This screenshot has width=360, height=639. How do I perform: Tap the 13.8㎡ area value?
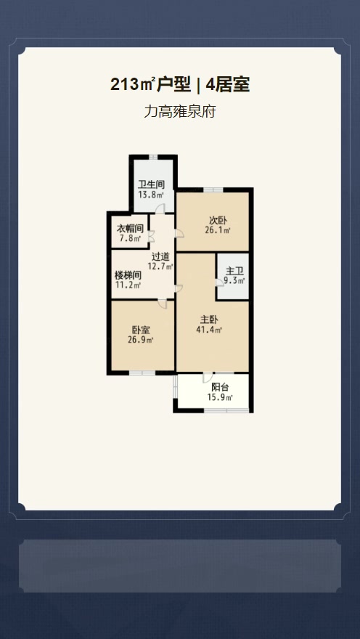151,195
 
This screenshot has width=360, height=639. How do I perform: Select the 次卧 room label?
218,221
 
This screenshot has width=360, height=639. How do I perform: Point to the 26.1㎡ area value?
218,230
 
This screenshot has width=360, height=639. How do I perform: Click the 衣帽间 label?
130,229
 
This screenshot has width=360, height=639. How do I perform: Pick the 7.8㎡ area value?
130,238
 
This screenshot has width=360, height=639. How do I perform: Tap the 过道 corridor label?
160,257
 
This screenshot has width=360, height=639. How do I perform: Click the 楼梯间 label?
128,275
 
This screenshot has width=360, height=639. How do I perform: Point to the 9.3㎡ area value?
234,280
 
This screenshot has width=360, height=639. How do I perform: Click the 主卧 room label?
209,320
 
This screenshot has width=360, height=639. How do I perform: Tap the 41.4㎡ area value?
209,330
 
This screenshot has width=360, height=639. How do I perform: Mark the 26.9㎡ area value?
141,340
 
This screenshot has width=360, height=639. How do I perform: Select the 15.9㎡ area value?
220,398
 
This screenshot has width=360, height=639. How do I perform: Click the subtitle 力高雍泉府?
179,111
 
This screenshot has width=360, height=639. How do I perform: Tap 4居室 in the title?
228,85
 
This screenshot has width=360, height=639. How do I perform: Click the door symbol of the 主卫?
220,282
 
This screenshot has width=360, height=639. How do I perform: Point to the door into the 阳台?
208,378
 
